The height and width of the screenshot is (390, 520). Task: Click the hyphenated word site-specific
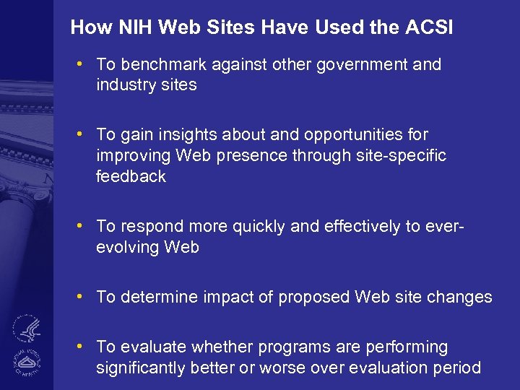[400, 155]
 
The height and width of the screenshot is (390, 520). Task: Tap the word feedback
[131, 176]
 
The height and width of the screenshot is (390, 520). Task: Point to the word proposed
[318, 297]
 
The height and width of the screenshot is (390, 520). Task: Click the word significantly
[141, 368]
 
